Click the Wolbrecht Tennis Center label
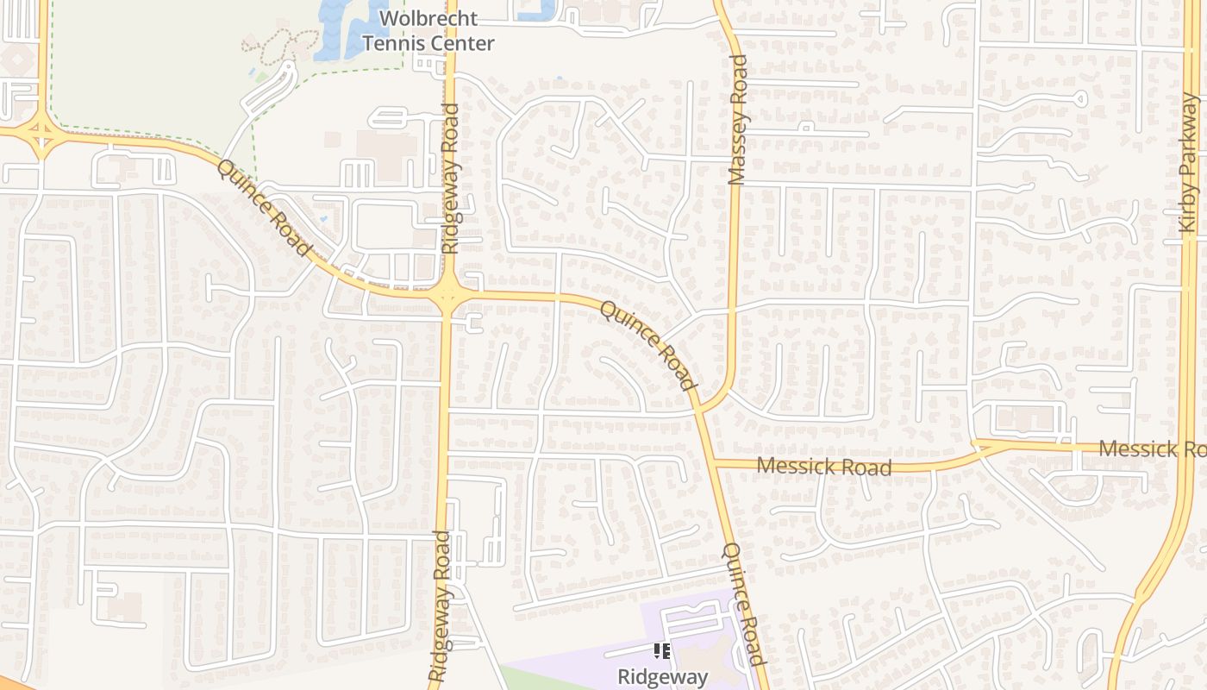428,31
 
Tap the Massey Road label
737,121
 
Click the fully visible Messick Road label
823,467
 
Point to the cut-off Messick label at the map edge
1152,449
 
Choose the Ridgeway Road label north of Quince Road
450,179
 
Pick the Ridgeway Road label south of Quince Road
440,605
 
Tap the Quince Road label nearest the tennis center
264,208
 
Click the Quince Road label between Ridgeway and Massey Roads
647,345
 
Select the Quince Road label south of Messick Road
744,604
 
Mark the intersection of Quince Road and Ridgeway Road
447,296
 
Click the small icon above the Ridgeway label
662,651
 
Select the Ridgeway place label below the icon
662,677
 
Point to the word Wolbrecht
428,18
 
